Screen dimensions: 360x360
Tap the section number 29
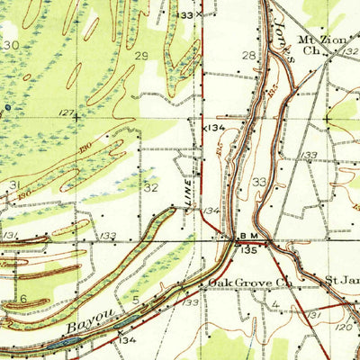click(141, 56)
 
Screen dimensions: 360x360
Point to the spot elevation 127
click(65, 112)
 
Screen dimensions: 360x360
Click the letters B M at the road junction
click(247, 238)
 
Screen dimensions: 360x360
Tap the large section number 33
click(259, 181)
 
